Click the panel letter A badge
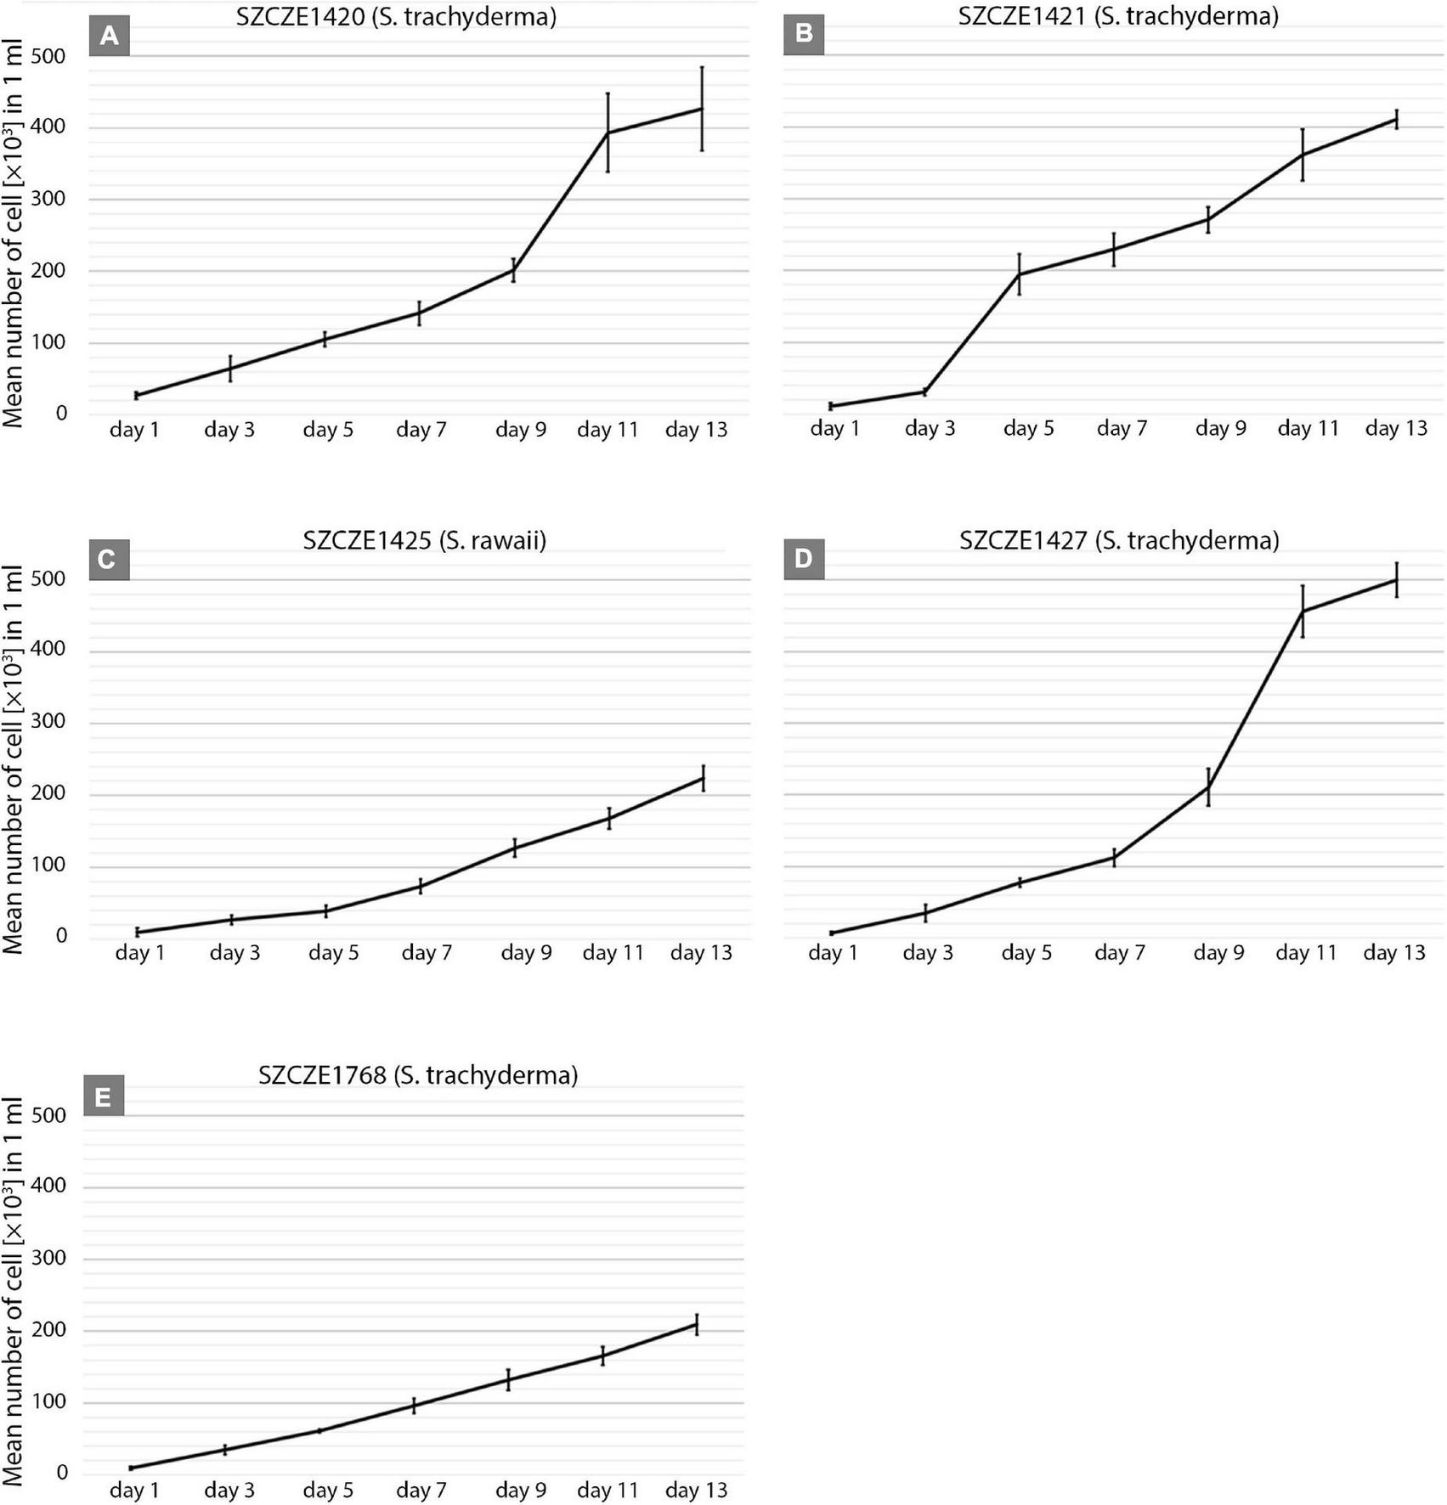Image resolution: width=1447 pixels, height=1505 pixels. click(x=109, y=36)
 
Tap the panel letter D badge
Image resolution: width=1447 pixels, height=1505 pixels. click(x=803, y=560)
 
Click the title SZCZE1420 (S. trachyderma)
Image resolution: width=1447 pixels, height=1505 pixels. click(x=396, y=16)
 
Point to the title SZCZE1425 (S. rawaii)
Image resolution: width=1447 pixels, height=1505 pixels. click(x=424, y=540)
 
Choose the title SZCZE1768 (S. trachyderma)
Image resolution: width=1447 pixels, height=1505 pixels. click(x=418, y=1075)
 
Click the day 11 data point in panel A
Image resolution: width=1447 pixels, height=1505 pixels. click(x=608, y=132)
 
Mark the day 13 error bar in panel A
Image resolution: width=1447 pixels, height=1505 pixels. click(x=702, y=109)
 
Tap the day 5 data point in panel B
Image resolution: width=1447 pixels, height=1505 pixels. click(x=1020, y=273)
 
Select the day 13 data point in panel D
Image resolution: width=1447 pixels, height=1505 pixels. click(x=1396, y=580)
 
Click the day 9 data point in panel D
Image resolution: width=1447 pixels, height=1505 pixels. click(x=1208, y=786)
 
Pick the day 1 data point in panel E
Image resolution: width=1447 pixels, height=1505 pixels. click(x=131, y=1468)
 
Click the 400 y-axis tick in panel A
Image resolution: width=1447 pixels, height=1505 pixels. click(x=48, y=128)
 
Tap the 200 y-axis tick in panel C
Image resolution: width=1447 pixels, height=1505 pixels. click(x=48, y=795)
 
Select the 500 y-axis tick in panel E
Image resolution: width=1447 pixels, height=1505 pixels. click(x=48, y=1115)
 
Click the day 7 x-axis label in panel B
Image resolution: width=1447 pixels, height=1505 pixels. click(x=1122, y=429)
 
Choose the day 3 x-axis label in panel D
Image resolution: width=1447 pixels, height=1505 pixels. click(x=928, y=953)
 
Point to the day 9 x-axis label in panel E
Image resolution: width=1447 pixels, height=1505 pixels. click(x=521, y=1490)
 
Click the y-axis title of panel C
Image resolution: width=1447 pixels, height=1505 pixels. click(x=14, y=747)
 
